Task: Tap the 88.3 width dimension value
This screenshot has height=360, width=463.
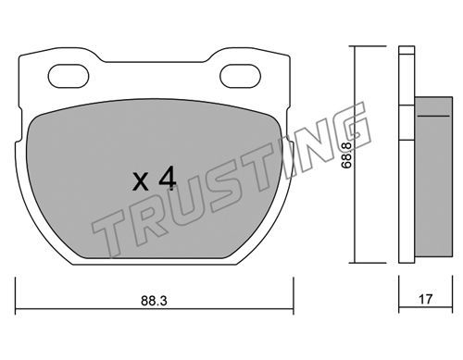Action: point(154,301)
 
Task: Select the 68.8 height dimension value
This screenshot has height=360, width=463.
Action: point(347,155)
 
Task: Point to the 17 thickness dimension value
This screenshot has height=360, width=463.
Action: point(426,299)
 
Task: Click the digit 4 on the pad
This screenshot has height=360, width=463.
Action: point(167,180)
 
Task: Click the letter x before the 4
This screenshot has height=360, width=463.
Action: point(141,182)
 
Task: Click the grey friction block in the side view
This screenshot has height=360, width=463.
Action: point(433,177)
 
